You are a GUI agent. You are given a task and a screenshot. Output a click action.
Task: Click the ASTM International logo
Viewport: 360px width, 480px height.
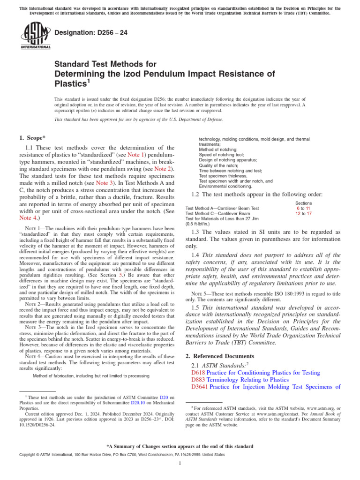[35, 36]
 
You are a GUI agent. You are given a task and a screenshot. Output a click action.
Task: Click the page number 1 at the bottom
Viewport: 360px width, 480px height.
[180, 464]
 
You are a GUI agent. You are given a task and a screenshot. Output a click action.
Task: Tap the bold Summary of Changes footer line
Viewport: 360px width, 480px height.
[180, 446]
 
